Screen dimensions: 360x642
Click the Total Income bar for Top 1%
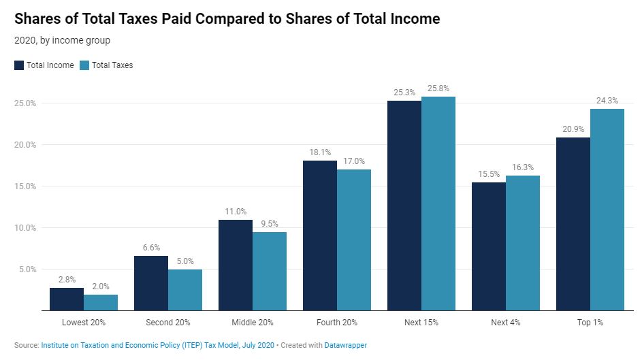573,224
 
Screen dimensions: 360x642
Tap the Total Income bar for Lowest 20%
67,299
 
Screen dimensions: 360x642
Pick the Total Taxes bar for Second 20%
185,290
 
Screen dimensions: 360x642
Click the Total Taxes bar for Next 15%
438,203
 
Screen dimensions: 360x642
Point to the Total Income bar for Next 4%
489,246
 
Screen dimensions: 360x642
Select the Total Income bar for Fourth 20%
320,235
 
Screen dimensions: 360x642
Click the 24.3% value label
607,101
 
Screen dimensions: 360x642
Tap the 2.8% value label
67,280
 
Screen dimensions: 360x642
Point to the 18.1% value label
320,152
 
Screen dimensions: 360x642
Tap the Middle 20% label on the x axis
253,322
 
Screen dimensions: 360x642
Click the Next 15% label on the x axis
421,322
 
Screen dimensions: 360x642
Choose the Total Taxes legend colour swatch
84,65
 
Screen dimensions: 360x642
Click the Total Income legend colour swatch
19,65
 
